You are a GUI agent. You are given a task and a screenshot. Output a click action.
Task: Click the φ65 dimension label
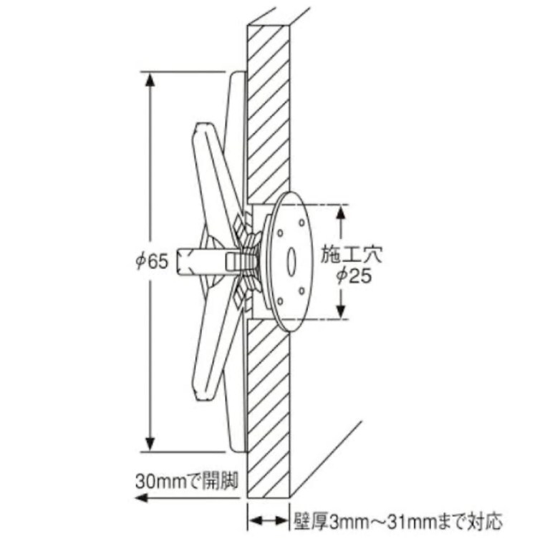(x=153, y=261)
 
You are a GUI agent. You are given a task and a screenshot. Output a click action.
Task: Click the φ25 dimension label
(x=354, y=276)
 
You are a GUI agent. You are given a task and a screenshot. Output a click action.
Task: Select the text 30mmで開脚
(x=187, y=481)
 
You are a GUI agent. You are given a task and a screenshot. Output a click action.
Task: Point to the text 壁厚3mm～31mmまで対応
(x=398, y=521)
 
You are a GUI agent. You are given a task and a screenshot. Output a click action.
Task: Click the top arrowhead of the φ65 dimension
(x=150, y=79)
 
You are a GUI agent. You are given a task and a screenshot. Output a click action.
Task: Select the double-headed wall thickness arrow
(x=269, y=520)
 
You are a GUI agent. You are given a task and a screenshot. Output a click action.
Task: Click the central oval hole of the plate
(x=291, y=262)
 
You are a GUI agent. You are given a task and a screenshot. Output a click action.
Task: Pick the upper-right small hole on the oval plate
(x=301, y=222)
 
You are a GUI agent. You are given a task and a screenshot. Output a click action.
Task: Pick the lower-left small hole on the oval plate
(x=280, y=301)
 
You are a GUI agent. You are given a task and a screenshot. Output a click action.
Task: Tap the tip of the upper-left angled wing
(x=200, y=125)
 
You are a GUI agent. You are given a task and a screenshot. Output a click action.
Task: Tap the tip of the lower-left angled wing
(x=199, y=398)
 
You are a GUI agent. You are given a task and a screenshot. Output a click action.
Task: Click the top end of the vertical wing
(x=238, y=73)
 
